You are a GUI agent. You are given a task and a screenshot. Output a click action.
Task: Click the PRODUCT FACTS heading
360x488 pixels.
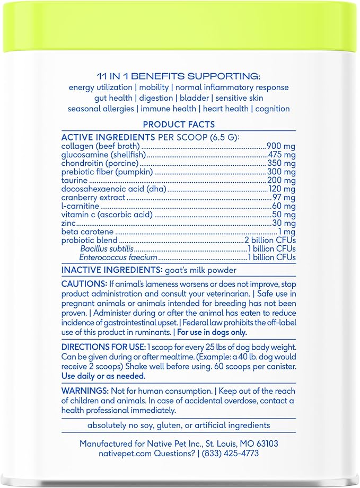click(179, 125)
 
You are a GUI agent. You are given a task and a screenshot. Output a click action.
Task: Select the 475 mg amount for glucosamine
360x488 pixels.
click(280, 155)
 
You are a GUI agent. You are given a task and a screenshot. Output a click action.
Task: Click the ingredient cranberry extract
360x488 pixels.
click(93, 198)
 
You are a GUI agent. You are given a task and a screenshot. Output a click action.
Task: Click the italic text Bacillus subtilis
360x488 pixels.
click(107, 249)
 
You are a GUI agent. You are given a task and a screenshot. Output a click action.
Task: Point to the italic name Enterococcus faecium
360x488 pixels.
click(118, 258)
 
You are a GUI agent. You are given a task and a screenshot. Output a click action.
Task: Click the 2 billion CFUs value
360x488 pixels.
click(269, 241)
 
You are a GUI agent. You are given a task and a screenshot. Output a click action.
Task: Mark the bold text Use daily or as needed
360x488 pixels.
click(103, 376)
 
